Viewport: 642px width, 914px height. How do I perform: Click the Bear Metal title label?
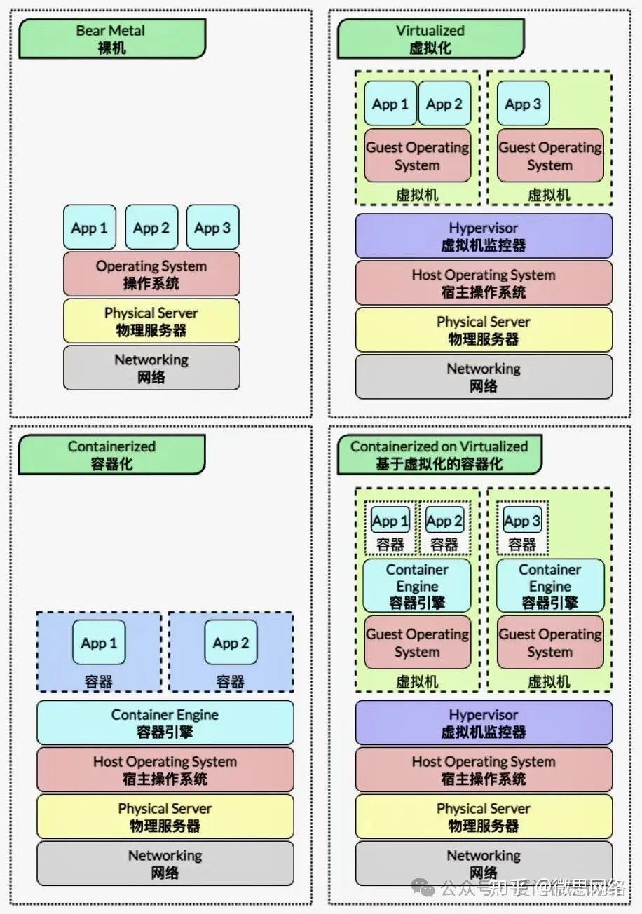(112, 39)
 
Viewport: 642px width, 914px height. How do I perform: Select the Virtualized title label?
(430, 39)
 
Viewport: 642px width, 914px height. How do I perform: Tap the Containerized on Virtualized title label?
(439, 455)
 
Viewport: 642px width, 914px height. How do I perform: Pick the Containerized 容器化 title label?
(112, 455)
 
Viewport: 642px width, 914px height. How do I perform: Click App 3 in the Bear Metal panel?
(212, 227)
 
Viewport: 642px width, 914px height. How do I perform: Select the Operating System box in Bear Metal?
(151, 274)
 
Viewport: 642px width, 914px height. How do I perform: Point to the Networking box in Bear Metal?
(151, 368)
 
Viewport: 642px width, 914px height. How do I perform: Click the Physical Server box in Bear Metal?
(151, 321)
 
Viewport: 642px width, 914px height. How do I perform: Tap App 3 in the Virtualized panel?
(524, 104)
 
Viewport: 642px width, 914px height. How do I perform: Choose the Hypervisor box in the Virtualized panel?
(484, 236)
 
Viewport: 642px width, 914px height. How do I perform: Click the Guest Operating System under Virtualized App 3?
(550, 156)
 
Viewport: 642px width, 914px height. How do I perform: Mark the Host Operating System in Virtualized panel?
(484, 283)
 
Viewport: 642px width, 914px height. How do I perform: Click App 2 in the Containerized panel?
(231, 643)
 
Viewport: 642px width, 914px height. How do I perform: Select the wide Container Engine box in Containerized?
(165, 723)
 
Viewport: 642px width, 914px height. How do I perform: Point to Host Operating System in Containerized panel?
(165, 770)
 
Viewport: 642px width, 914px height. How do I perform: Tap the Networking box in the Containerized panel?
(165, 864)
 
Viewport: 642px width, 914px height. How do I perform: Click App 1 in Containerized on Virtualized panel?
(390, 521)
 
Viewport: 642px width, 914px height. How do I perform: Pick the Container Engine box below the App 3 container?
(550, 585)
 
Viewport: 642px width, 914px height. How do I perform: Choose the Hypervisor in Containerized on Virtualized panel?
(484, 723)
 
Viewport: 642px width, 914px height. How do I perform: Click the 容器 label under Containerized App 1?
(99, 681)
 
